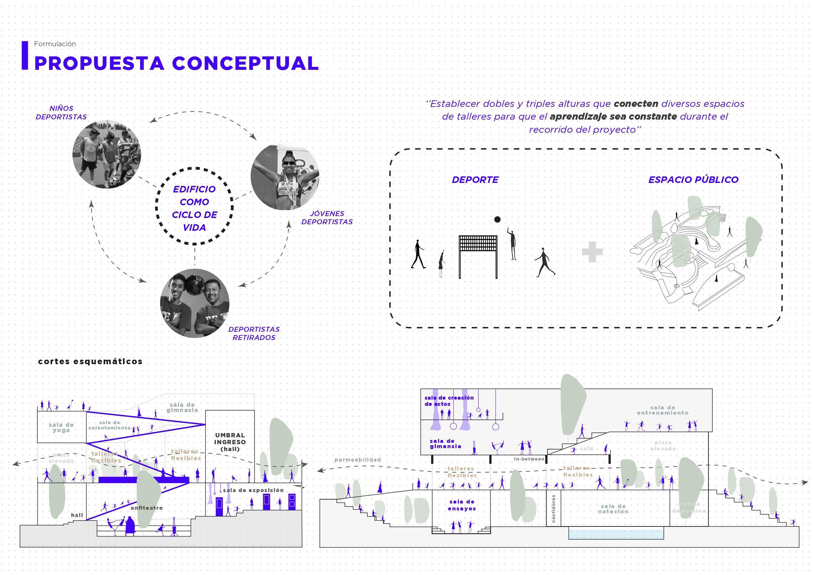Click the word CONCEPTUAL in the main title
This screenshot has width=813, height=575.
tap(245, 63)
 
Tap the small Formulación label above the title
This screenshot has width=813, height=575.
tap(55, 44)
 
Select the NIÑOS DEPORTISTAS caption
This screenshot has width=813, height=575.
tap(61, 113)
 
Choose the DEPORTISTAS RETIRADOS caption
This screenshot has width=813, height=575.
tap(254, 333)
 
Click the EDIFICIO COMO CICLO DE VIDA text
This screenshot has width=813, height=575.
tap(194, 208)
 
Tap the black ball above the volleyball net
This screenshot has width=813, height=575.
tap(497, 220)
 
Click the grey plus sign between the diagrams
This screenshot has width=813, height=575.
tap(592, 252)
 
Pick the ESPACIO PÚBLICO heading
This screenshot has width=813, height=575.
tap(693, 180)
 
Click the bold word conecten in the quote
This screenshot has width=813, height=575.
tap(636, 104)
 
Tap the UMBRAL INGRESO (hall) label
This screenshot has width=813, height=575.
tap(230, 442)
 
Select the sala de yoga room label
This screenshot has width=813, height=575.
tap(61, 427)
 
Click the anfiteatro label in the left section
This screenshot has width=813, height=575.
tap(146, 508)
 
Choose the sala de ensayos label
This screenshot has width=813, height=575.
tap(462, 505)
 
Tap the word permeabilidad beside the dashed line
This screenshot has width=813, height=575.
tap(358, 460)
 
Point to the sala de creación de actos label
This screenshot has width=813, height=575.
tap(449, 401)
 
